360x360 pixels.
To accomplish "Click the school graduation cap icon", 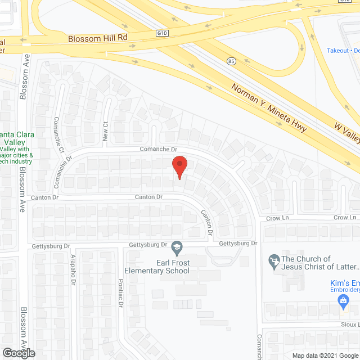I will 177,247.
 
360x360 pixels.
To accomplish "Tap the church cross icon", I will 274,260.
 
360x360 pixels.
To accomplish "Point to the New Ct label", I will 105,132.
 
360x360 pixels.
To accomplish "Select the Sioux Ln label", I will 349,325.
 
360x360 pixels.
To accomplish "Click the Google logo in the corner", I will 18,353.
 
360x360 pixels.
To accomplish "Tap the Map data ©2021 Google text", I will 325,355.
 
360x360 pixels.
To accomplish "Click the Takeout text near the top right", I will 338,50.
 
